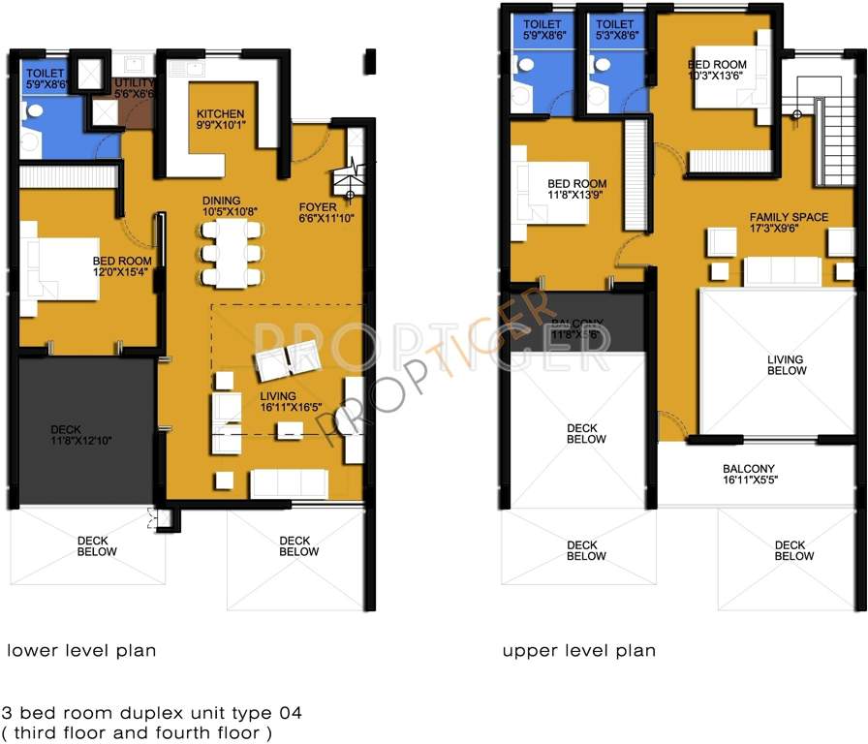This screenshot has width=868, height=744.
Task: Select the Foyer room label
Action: point(321,212)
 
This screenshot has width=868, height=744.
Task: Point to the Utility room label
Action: point(133,89)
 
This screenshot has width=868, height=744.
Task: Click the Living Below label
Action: point(786,364)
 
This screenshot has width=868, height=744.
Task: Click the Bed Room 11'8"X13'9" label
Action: point(576,190)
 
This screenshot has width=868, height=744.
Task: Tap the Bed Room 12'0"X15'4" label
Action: point(122,267)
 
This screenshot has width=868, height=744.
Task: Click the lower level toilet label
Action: point(46,78)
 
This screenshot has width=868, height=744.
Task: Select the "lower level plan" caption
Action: point(81,650)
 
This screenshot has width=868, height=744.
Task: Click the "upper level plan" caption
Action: point(578,650)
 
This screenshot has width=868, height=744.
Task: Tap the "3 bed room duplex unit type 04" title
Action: point(152,713)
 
